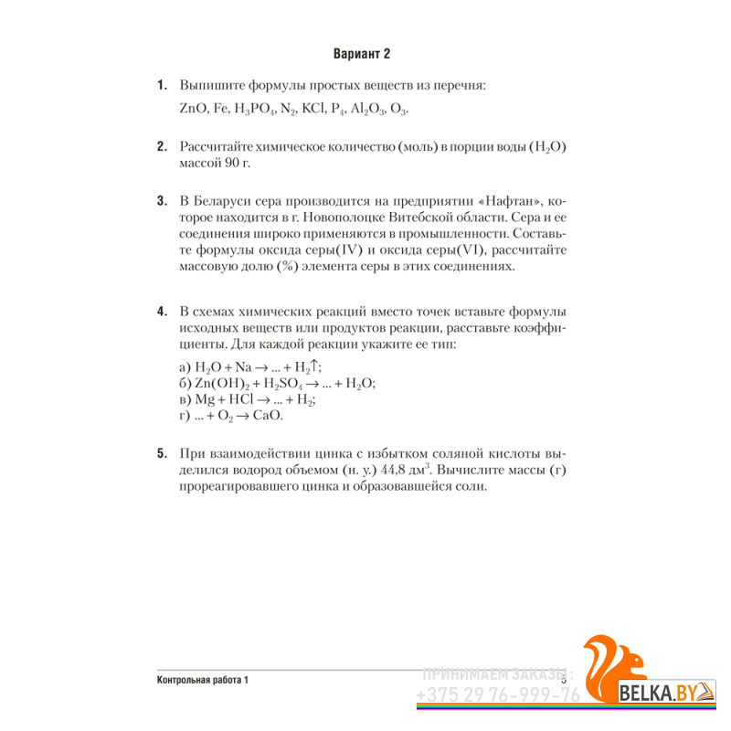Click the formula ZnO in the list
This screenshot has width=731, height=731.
click(x=193, y=110)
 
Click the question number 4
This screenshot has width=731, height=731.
click(x=162, y=312)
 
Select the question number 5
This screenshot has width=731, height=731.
click(x=162, y=454)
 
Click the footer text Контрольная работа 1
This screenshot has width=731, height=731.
click(x=203, y=680)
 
